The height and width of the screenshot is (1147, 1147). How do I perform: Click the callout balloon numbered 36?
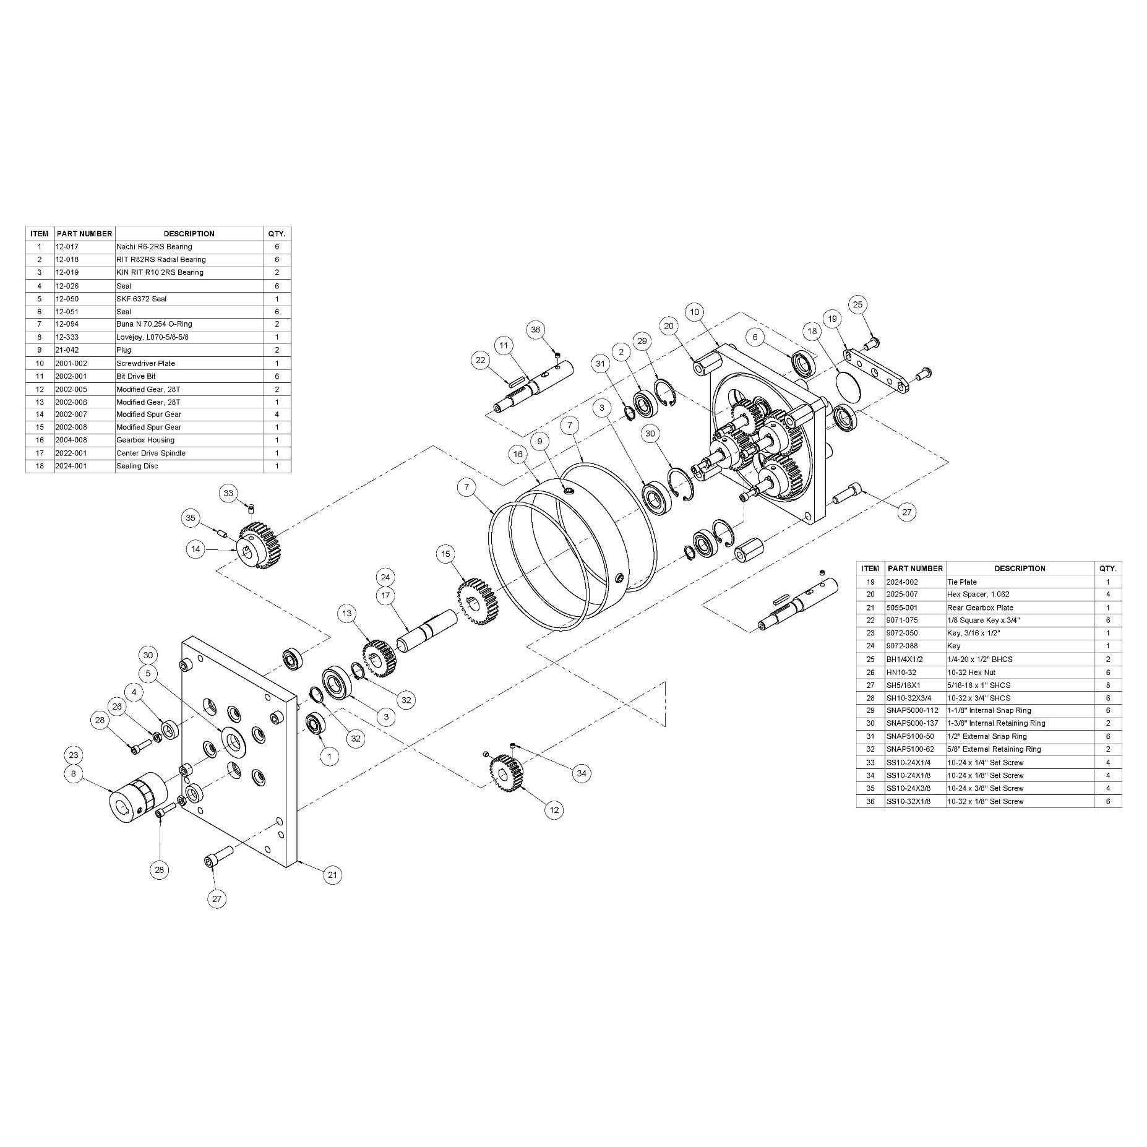pos(536,329)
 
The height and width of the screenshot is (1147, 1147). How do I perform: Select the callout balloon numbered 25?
pos(857,304)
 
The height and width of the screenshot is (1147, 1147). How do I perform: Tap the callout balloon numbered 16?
pos(518,454)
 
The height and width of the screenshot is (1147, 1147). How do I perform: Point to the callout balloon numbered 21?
pos(333,874)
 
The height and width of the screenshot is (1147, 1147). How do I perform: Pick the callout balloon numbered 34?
pos(581,773)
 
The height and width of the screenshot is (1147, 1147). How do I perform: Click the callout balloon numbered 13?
pos(347,613)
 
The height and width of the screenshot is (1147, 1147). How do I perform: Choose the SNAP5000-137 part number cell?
pos(912,723)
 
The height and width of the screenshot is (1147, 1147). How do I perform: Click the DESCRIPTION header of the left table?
pos(189,233)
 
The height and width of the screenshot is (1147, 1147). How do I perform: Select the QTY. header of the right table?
pos(1107,568)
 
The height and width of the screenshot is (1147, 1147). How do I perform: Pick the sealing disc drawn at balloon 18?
pos(848,384)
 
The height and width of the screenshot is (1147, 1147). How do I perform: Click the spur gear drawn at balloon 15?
pos(472,599)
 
